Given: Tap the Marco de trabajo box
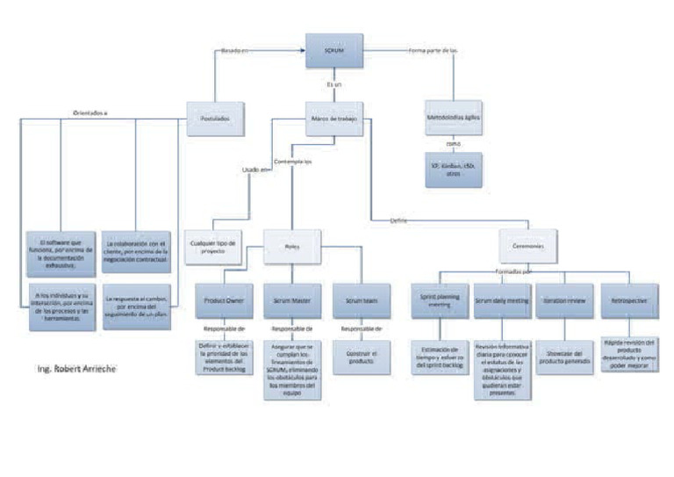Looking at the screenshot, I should pos(334,117).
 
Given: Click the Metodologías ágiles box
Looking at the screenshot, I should pos(453,117).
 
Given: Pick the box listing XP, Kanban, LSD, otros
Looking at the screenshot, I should pos(453,169).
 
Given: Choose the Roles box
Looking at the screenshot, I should pos(292,247).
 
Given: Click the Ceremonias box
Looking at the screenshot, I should pos(528,247).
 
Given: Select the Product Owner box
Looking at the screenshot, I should pos(224,300).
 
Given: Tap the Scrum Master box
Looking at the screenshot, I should pos(292,300).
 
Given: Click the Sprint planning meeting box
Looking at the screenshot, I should pos(439,300).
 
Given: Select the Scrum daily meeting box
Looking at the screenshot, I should pos(502,300).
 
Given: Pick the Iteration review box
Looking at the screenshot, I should pos(564,300).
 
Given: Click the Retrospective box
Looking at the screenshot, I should pos(627,300).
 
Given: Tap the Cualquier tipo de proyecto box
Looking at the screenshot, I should pos(215,247).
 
